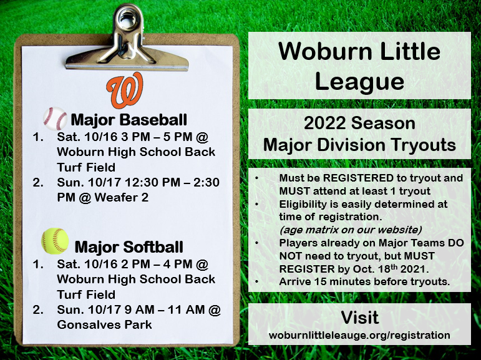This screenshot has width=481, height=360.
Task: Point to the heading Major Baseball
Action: click(x=129, y=119)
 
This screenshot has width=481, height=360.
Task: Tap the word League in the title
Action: click(x=359, y=81)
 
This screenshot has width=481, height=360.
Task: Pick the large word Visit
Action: click(x=359, y=317)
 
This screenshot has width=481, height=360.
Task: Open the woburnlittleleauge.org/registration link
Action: click(x=359, y=335)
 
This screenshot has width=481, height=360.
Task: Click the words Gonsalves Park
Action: click(x=104, y=324)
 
